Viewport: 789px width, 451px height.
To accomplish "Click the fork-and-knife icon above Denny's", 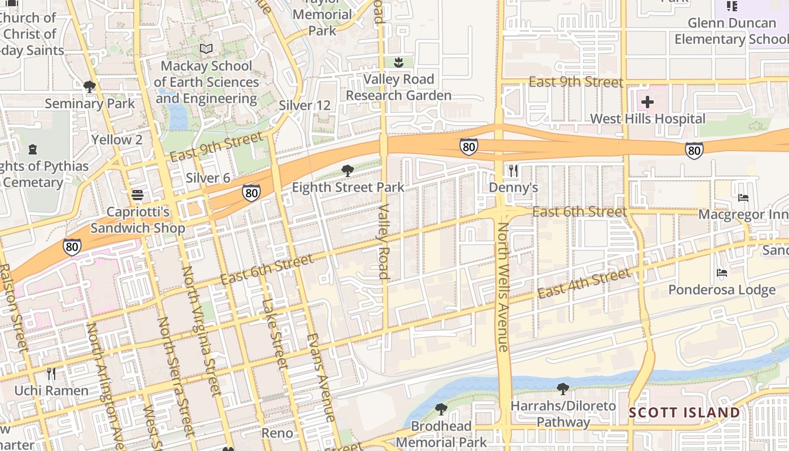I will (x=513, y=171).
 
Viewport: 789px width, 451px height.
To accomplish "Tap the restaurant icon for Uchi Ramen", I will (x=51, y=374).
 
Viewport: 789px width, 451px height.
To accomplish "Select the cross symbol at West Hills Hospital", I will (x=648, y=102).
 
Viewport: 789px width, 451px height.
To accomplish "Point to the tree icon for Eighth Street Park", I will (x=348, y=170).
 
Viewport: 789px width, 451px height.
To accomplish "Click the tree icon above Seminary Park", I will (x=89, y=87).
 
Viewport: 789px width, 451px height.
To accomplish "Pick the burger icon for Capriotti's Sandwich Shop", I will (x=138, y=195).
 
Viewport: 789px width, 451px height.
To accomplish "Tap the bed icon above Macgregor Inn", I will (x=743, y=198).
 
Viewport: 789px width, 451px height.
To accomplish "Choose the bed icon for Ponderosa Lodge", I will (x=722, y=273).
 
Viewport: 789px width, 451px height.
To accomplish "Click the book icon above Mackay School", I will (x=206, y=49).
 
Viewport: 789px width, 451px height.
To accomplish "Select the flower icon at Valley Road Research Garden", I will (x=398, y=63).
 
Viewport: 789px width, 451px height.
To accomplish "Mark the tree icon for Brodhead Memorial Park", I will (x=441, y=409).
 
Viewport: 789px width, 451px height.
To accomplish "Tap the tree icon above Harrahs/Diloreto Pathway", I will (x=562, y=388).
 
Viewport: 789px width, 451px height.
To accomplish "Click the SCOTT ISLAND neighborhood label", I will (x=684, y=413).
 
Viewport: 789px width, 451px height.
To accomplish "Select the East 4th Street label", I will (x=584, y=284).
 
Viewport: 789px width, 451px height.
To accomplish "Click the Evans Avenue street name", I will (x=321, y=378).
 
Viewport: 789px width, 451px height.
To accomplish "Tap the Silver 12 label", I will (x=304, y=105).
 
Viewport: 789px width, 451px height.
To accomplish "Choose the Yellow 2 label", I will (x=117, y=139).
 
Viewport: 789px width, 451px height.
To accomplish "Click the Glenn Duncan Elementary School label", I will (x=732, y=31).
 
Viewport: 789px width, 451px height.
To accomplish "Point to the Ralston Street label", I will (x=12, y=307).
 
